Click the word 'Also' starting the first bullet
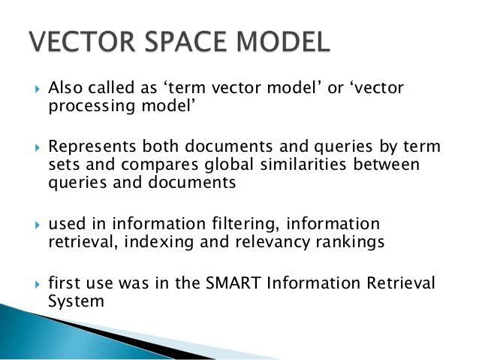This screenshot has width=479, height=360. pos(64,89)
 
